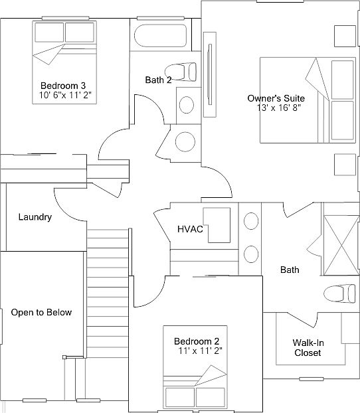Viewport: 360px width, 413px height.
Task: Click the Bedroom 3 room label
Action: click(63, 86)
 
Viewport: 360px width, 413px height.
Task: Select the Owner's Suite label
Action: click(276, 98)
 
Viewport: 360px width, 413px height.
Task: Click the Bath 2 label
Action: click(159, 80)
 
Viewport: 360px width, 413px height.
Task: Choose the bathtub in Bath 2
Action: click(160, 37)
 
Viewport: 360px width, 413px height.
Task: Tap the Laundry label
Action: click(35, 217)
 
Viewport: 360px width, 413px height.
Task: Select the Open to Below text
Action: click(41, 312)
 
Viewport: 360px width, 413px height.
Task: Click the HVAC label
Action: click(190, 229)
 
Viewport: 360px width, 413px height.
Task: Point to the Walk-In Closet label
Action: click(308, 347)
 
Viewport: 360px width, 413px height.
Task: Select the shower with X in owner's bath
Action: click(340, 245)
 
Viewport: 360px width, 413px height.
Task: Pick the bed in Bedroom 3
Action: click(63, 44)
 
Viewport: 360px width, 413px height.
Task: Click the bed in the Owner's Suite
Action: click(306, 100)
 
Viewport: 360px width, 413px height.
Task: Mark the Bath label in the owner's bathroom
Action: click(290, 270)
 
